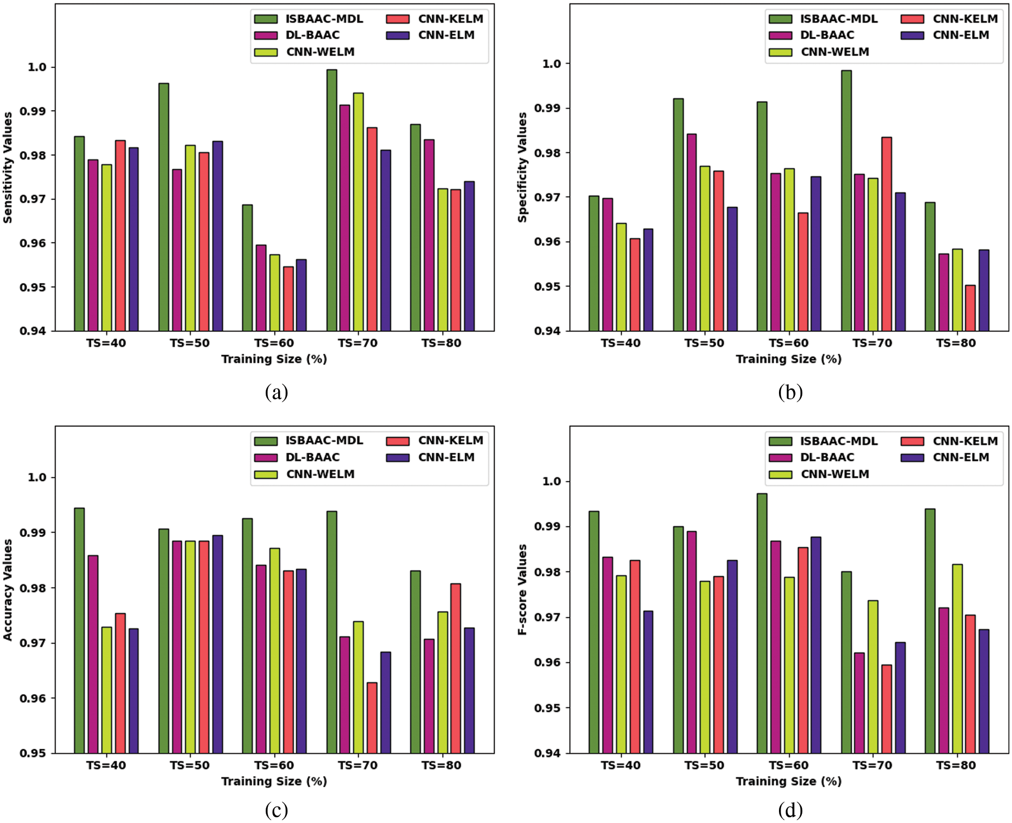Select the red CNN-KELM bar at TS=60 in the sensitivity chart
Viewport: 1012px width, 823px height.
(288, 299)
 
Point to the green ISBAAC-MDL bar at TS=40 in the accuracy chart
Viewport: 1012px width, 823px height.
(79, 630)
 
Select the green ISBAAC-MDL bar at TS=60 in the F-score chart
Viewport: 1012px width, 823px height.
(762, 623)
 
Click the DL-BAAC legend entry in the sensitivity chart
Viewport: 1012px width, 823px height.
(312, 35)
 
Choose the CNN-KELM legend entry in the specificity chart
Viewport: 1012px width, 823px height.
(964, 19)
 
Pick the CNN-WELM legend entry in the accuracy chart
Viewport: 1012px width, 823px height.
(320, 474)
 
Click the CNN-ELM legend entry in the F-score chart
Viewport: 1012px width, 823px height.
(960, 457)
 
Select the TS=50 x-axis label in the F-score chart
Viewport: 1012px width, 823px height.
(704, 765)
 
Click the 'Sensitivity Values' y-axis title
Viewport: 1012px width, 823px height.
(8, 168)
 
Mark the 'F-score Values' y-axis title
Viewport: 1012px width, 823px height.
(522, 589)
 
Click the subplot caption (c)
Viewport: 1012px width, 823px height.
(276, 810)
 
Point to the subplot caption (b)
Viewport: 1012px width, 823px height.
(790, 392)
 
